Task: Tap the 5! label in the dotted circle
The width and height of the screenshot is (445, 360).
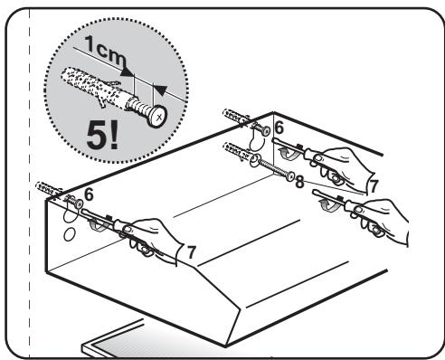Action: (x=102, y=136)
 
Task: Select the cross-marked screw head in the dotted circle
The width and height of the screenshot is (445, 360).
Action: (x=157, y=116)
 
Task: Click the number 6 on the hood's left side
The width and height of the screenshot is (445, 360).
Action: (x=89, y=194)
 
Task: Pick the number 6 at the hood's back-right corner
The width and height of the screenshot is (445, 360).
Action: (x=279, y=128)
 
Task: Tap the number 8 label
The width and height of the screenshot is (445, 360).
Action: (x=299, y=182)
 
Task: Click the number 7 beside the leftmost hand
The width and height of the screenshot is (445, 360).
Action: (x=191, y=252)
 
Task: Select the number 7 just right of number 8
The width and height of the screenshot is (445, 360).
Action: (x=374, y=186)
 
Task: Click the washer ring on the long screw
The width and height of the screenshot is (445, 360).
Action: (x=254, y=160)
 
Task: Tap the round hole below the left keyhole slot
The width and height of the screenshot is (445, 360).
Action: (x=69, y=234)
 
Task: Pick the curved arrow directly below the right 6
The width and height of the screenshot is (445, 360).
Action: (x=287, y=153)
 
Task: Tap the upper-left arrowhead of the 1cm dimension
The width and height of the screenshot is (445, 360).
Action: (x=127, y=71)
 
